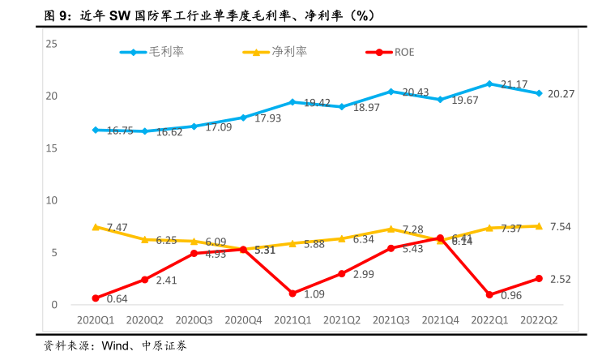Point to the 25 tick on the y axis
point(52,44)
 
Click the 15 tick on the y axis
point(52,148)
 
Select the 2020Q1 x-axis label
point(95,320)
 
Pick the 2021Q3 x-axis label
point(391,320)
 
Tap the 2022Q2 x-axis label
point(538,320)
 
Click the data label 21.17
point(514,84)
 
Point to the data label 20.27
point(561,94)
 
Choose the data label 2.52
point(561,279)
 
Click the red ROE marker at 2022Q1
point(489,295)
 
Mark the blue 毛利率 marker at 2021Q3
point(391,92)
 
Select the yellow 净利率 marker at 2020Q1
point(96,227)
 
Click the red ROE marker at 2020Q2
point(144,280)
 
